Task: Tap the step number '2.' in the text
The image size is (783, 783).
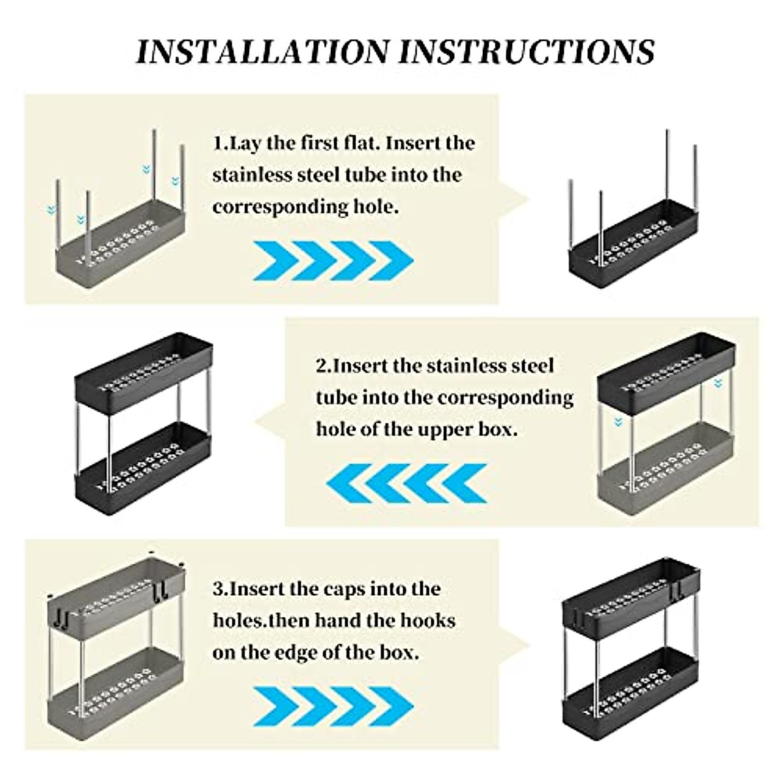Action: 324,365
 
